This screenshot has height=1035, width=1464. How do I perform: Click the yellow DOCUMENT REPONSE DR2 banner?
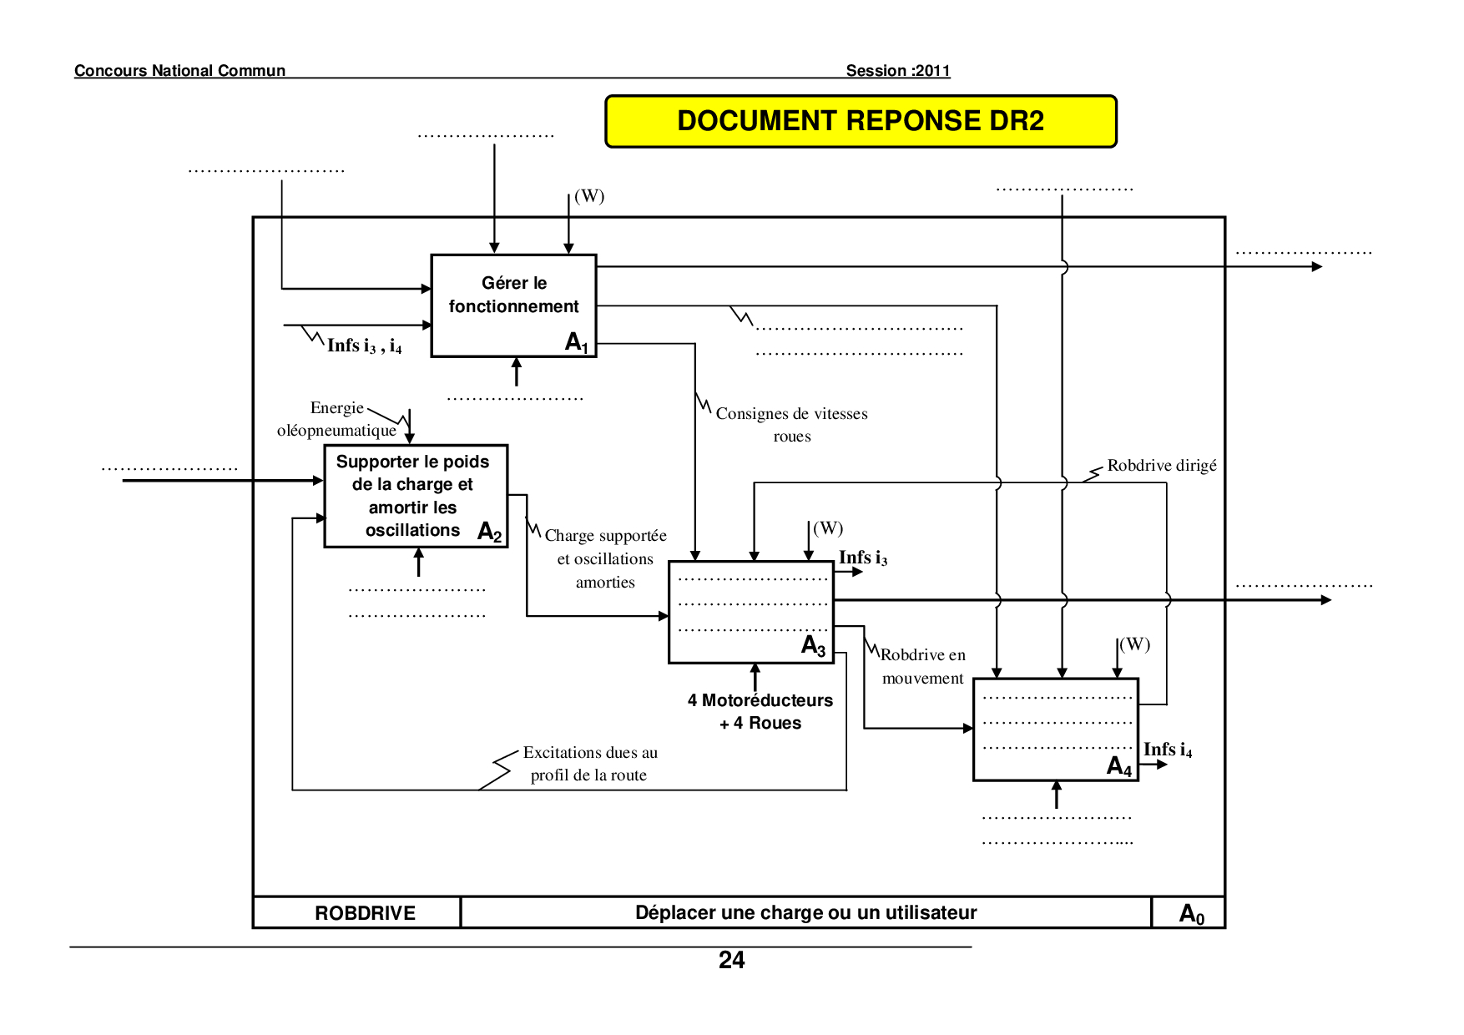tap(861, 121)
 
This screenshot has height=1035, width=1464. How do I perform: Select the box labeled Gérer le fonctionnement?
tap(513, 305)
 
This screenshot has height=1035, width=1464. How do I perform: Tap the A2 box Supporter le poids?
tap(415, 496)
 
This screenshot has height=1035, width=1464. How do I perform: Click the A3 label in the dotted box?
tap(813, 645)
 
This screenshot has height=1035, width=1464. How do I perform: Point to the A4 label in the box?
tap(1118, 766)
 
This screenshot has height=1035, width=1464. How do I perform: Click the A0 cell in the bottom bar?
tap(1191, 913)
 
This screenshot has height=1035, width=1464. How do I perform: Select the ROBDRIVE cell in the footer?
tap(365, 913)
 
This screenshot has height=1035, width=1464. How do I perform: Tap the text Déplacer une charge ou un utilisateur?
tap(805, 912)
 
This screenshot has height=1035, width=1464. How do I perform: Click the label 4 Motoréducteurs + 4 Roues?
tap(760, 711)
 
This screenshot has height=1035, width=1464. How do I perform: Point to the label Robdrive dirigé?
tap(1161, 466)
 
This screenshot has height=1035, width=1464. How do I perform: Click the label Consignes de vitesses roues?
tap(791, 424)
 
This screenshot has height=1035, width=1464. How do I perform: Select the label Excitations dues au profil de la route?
tap(589, 763)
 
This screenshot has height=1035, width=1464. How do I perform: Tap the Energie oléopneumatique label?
tap(337, 419)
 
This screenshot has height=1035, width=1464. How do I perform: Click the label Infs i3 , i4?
tap(364, 346)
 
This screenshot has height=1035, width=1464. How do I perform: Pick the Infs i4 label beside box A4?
tap(1167, 750)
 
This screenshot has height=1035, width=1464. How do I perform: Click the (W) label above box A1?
tap(589, 196)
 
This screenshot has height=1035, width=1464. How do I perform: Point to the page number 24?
tap(731, 960)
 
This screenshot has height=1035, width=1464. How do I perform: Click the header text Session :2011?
tap(898, 71)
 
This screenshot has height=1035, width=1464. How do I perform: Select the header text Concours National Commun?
tap(179, 71)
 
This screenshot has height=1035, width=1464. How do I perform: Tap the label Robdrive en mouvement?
tap(922, 666)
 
